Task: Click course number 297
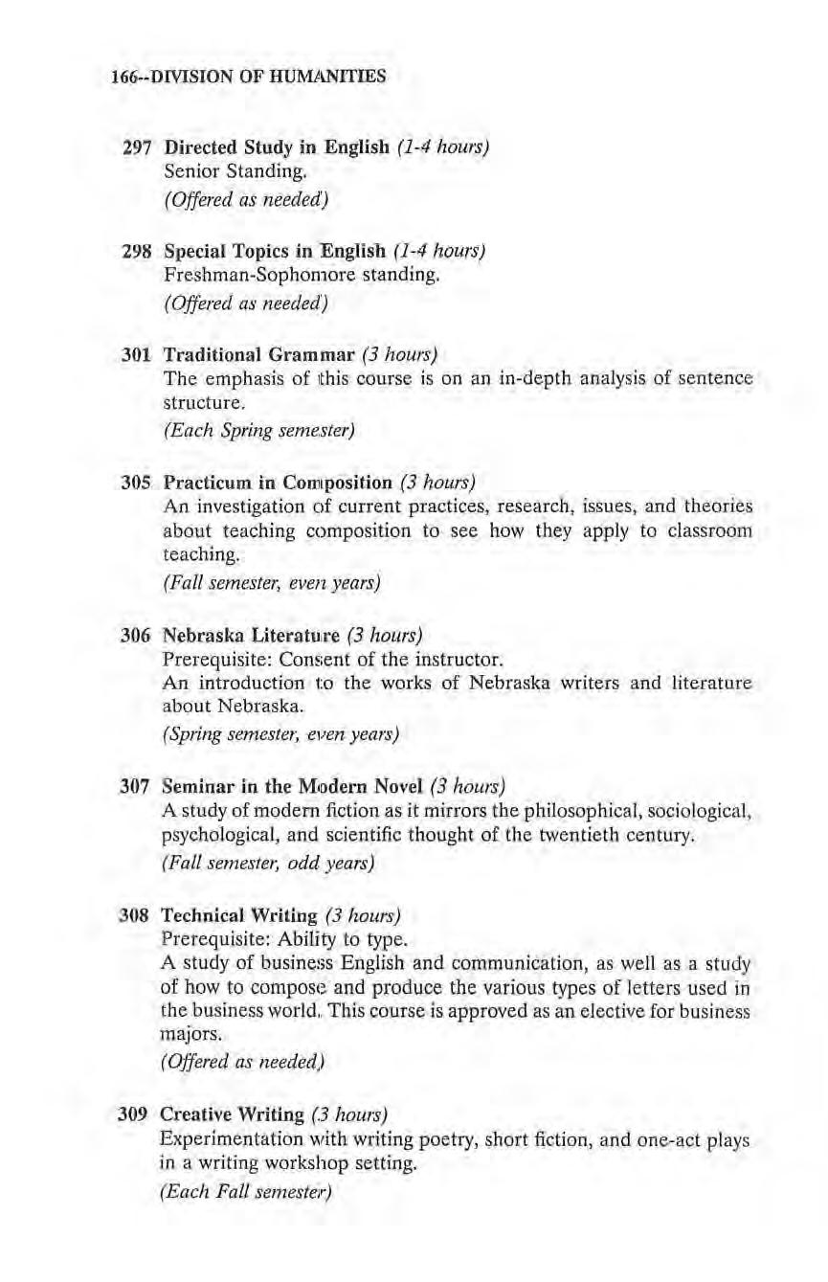139,149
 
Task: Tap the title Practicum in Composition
279,482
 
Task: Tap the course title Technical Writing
237,914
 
